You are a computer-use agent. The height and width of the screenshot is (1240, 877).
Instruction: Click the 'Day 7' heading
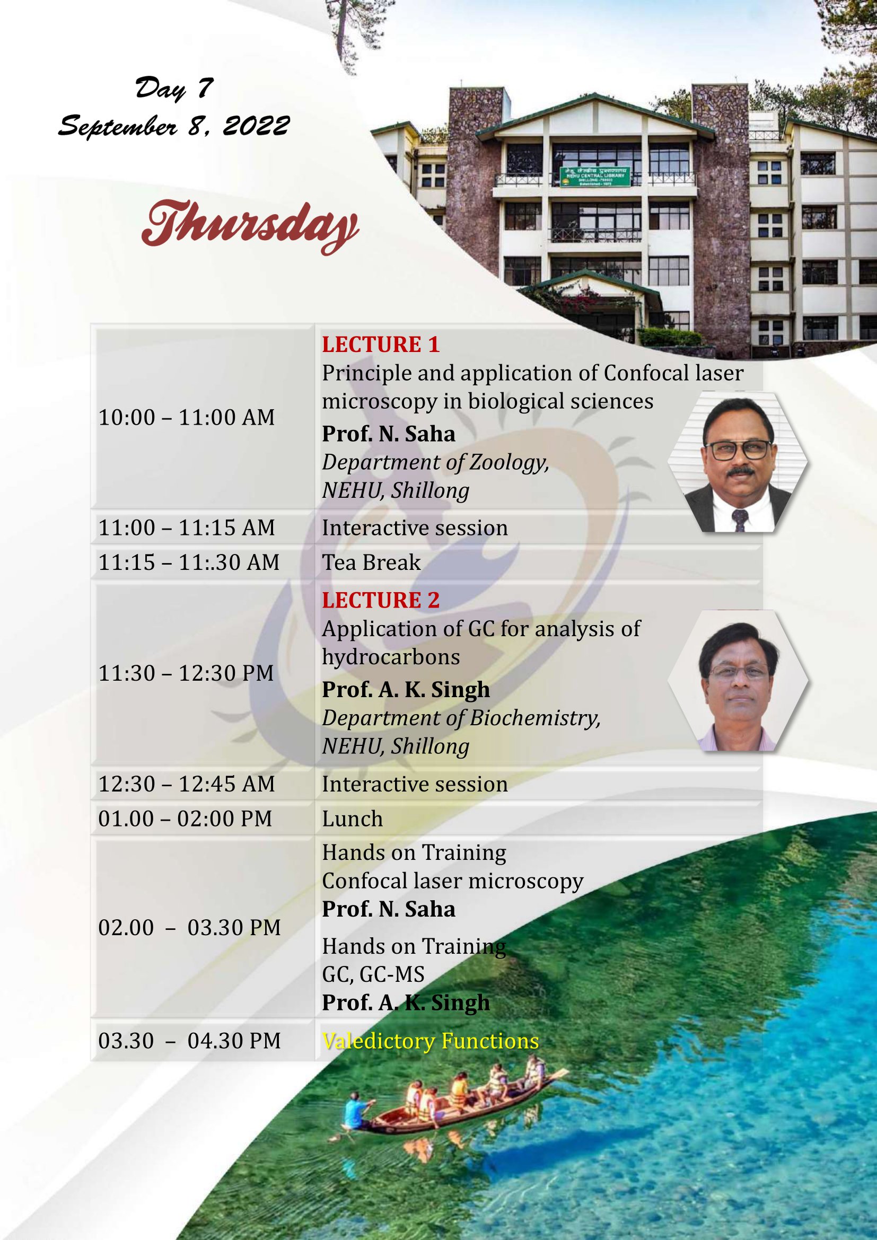tap(174, 89)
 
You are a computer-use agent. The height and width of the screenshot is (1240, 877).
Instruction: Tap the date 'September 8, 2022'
tap(174, 126)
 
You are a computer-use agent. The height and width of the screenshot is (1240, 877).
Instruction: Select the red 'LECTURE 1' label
tap(381, 345)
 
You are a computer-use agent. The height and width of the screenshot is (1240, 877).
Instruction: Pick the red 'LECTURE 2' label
tap(381, 600)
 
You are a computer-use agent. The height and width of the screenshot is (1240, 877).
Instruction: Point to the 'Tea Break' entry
tap(371, 562)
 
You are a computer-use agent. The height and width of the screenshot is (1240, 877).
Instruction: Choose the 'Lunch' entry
tap(352, 819)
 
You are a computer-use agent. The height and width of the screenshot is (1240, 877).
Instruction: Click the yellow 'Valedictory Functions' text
tap(431, 1041)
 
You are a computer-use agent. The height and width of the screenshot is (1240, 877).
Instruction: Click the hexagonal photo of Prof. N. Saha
tap(738, 462)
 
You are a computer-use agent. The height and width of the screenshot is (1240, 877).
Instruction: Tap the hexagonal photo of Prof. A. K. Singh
tap(738, 681)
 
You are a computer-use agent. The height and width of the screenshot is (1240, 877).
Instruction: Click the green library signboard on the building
tap(595, 177)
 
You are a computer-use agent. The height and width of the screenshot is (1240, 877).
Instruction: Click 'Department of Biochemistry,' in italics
tap(461, 718)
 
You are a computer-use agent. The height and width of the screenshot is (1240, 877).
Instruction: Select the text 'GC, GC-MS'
tap(373, 974)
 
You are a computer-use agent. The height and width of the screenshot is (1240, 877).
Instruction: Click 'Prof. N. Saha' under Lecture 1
tap(388, 434)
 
